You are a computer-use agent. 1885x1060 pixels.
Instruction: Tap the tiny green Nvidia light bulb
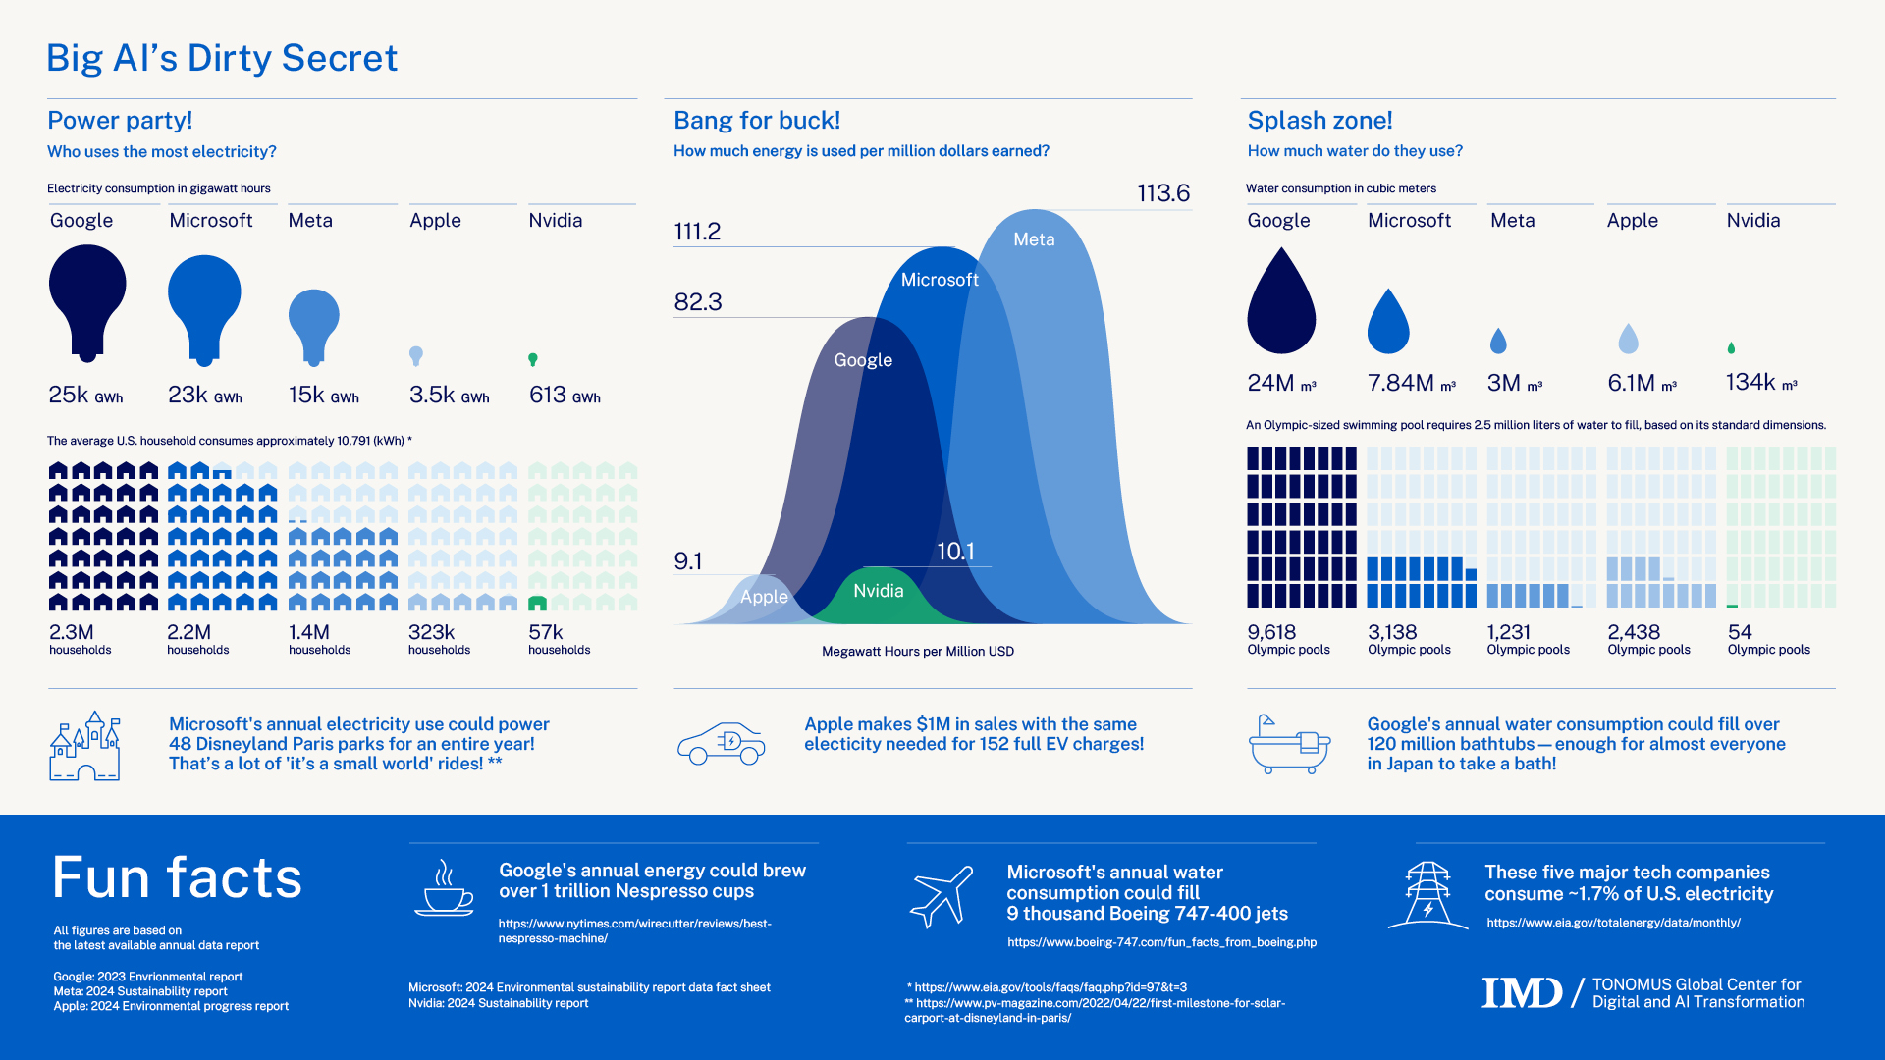[x=533, y=359]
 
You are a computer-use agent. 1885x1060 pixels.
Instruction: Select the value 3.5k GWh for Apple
[x=449, y=395]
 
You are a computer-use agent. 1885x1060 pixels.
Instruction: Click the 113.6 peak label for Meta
[x=1163, y=193]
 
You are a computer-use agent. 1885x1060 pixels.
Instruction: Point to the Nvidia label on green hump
[x=878, y=591]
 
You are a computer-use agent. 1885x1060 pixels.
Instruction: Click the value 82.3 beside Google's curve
[x=697, y=302]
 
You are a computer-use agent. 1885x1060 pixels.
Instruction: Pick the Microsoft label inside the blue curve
[x=940, y=280]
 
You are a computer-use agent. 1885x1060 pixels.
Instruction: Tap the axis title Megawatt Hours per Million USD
[x=917, y=652]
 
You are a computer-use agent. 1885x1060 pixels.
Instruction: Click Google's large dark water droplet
[x=1281, y=304]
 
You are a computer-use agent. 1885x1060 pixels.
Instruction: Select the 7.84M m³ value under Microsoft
[x=1411, y=383]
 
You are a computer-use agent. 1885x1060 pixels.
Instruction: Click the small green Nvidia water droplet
[x=1731, y=348]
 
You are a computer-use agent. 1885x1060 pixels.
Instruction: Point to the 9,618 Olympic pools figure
[x=1287, y=639]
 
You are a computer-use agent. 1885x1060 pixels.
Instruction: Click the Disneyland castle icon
[x=85, y=747]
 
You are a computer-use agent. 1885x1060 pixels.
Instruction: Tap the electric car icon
[x=722, y=744]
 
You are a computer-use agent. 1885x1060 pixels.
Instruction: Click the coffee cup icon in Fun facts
[x=444, y=889]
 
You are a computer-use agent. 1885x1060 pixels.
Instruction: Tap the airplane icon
[x=942, y=896]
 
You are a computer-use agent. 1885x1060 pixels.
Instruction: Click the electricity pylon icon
[x=1427, y=895]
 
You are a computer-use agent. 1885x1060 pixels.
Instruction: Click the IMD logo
[x=1522, y=992]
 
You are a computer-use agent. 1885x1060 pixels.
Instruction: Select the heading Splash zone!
[x=1319, y=121]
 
